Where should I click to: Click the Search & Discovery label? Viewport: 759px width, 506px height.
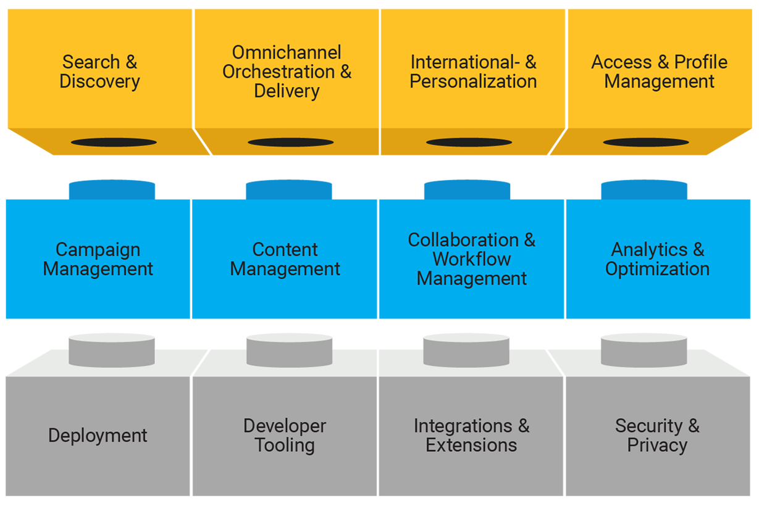click(x=99, y=72)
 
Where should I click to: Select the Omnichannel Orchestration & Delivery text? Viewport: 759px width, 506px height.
click(x=287, y=72)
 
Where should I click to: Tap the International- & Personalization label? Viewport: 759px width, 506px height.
click(x=473, y=72)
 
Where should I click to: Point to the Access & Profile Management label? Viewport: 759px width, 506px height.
click(x=659, y=72)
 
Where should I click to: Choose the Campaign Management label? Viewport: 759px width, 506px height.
click(x=98, y=259)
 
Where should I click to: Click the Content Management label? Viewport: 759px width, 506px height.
click(x=285, y=259)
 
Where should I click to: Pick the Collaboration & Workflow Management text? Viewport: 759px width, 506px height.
click(x=472, y=259)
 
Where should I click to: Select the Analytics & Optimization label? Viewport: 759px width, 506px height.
click(x=657, y=259)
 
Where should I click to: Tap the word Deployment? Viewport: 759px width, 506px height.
click(x=98, y=436)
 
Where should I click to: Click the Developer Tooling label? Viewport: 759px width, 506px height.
click(x=285, y=436)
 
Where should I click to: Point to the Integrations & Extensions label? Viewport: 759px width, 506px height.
click(x=471, y=436)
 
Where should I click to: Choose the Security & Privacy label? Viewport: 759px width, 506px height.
click(x=657, y=436)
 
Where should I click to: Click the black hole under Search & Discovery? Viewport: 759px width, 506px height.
click(x=114, y=143)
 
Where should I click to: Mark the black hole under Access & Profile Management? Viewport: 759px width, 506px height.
click(x=646, y=143)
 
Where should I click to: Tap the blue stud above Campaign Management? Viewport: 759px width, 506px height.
click(x=112, y=189)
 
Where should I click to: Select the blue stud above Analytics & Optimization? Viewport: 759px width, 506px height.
click(x=644, y=189)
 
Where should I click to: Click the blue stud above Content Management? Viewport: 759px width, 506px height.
click(x=288, y=189)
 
